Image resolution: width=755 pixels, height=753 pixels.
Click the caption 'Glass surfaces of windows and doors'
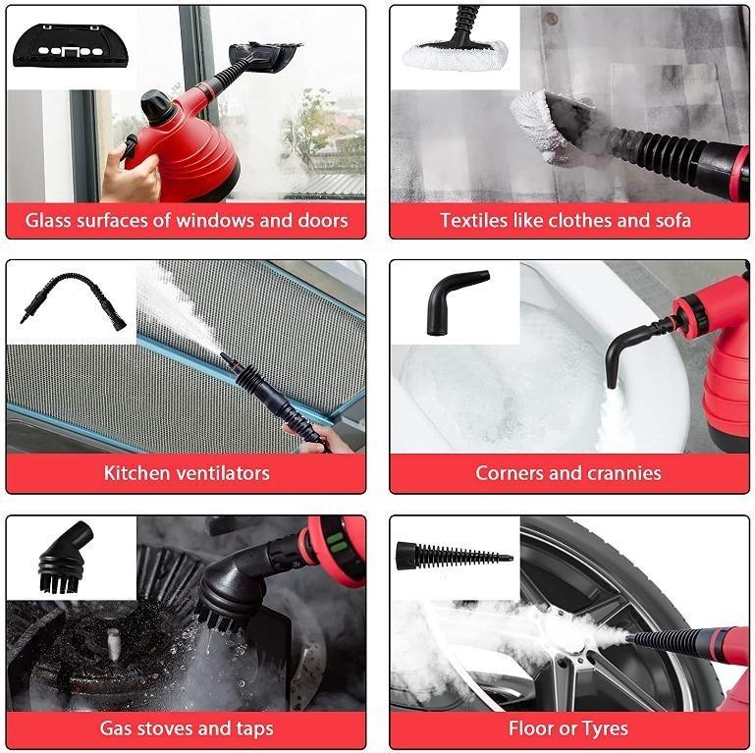pos(187,220)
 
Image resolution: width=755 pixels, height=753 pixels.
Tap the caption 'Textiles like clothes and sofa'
pos(565,220)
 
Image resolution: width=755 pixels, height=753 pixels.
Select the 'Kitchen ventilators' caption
pos(187,473)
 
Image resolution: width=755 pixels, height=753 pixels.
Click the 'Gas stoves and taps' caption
pos(187,728)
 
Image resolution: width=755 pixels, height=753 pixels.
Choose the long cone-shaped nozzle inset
pos(454,556)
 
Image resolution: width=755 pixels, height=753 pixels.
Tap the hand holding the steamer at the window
pos(129,182)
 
